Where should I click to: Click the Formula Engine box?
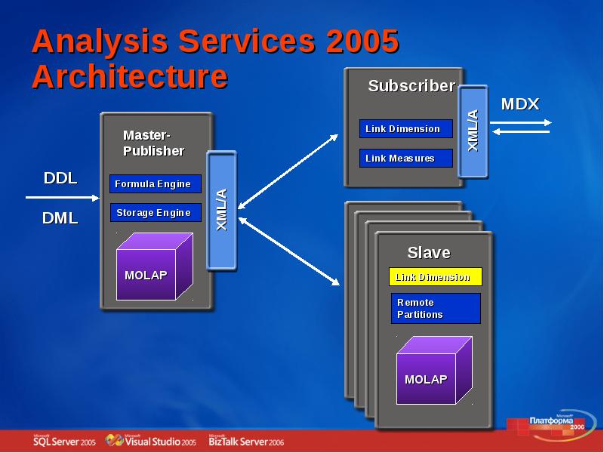(156, 184)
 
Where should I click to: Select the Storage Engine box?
(156, 213)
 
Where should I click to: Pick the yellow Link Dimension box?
(435, 277)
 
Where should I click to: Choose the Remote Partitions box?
(436, 308)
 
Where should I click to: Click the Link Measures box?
(405, 159)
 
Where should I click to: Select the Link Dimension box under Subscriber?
(405, 129)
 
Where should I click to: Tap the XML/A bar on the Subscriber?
(473, 131)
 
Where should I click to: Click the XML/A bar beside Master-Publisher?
(222, 209)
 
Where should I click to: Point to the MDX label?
(520, 104)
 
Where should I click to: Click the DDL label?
(60, 178)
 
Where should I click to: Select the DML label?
(60, 218)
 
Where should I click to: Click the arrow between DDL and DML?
(62, 198)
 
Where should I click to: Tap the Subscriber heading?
(411, 86)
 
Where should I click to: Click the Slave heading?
(429, 252)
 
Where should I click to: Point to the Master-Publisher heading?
(153, 143)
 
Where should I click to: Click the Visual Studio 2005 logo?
(151, 441)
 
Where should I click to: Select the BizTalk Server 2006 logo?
(246, 441)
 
